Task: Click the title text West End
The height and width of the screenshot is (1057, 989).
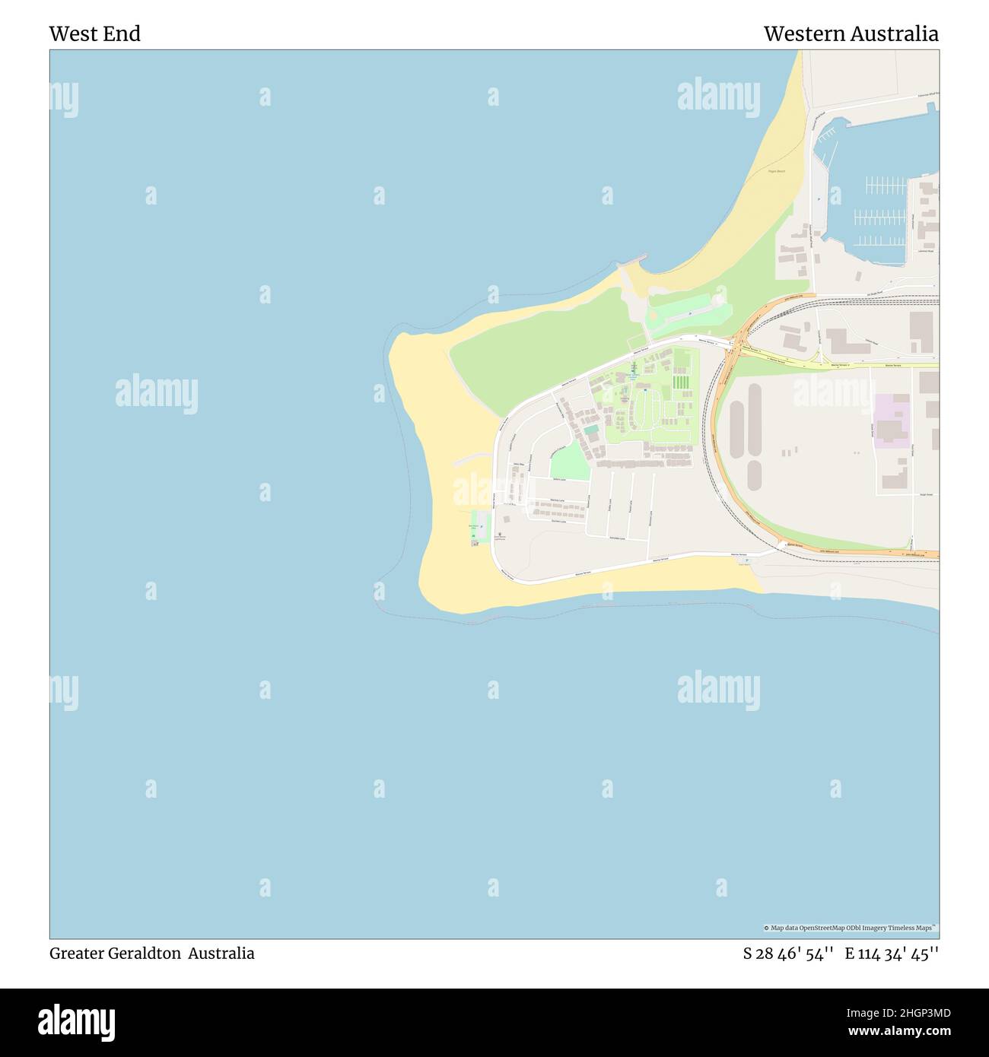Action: (94, 34)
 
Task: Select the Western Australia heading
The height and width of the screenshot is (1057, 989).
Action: (851, 34)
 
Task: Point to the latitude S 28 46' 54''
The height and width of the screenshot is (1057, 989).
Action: (788, 954)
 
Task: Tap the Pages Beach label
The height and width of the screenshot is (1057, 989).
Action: (776, 172)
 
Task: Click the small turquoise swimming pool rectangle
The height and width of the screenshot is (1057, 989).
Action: (591, 430)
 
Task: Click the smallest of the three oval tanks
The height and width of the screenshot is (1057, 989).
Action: (753, 475)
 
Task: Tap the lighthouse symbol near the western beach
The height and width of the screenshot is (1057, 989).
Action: (500, 535)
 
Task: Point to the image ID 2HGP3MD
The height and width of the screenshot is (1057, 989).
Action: (917, 1013)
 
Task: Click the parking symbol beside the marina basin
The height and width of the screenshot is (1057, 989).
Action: (818, 198)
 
